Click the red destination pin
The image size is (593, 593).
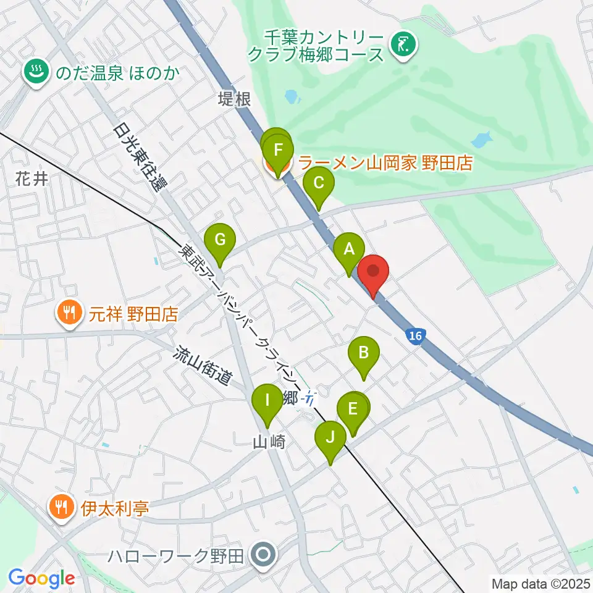pos(373,272)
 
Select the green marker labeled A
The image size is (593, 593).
pos(348,250)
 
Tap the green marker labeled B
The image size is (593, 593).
pos(364,354)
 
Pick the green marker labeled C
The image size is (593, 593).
pos(319,184)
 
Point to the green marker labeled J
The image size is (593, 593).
pos(330,439)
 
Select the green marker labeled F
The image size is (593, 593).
pos(278,150)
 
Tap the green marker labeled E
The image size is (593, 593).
pos(353,410)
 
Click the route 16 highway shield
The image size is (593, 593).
pos(416,337)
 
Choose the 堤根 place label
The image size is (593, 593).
pos(235,99)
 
